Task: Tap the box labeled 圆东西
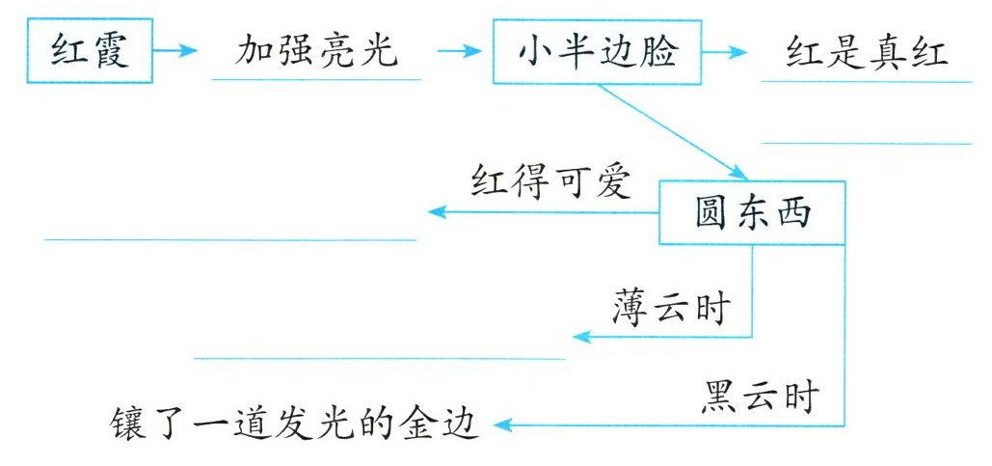point(753,212)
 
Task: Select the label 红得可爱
point(550,181)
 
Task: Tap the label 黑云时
point(760,396)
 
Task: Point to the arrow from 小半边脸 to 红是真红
point(730,50)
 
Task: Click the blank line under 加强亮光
point(316,80)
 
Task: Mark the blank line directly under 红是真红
point(867,82)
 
